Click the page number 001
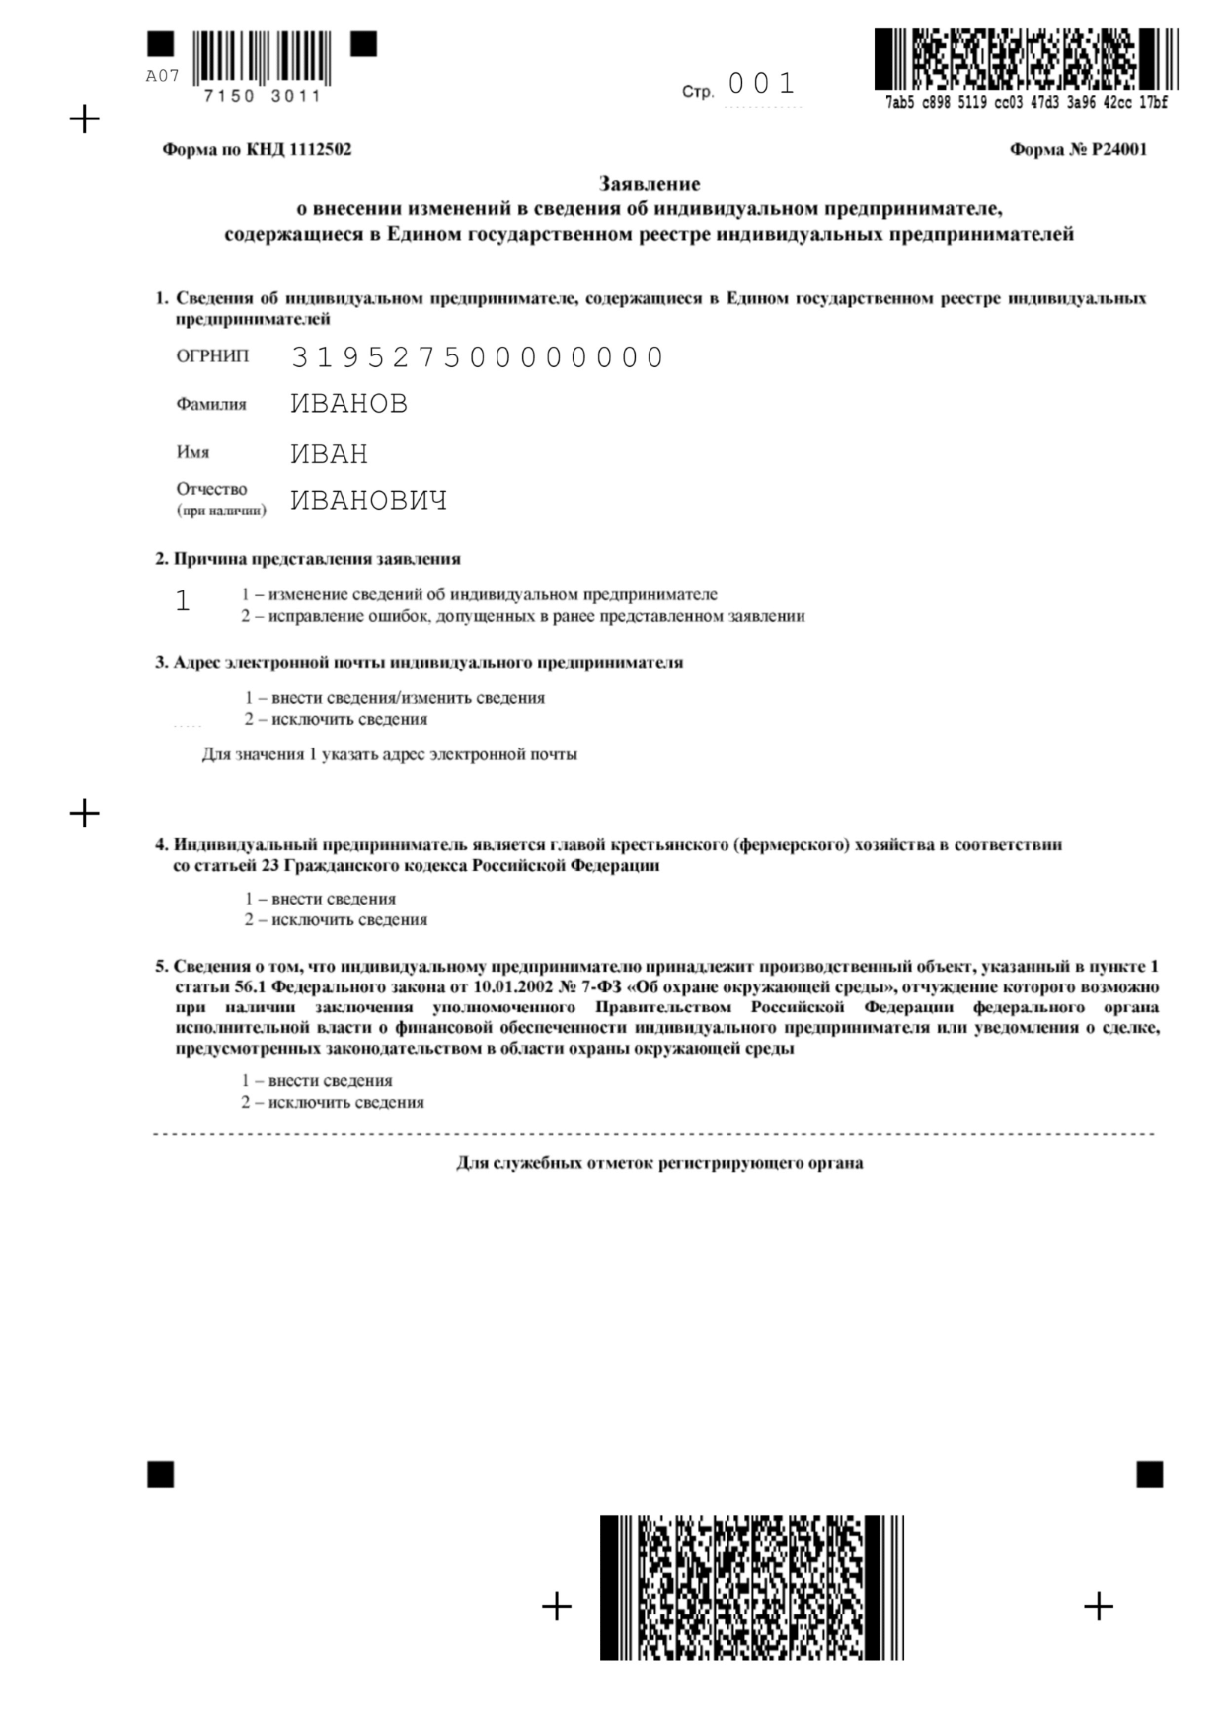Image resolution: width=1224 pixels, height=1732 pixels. pyautogui.click(x=761, y=84)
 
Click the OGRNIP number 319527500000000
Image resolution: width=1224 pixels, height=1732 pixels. pyautogui.click(x=478, y=357)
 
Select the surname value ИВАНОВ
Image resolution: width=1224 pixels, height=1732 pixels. pyautogui.click(x=349, y=404)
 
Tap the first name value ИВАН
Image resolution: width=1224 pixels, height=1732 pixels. pyautogui.click(x=330, y=454)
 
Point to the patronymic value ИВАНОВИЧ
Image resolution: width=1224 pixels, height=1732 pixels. pyautogui.click(x=369, y=501)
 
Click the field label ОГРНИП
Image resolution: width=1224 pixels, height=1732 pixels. pyautogui.click(x=212, y=356)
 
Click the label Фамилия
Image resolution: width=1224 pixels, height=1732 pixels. pyautogui.click(x=211, y=404)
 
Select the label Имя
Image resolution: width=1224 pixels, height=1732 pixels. pyautogui.click(x=192, y=452)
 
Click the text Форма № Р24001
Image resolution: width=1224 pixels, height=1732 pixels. pyautogui.click(x=1078, y=150)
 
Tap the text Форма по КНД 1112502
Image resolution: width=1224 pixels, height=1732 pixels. pyautogui.click(x=257, y=150)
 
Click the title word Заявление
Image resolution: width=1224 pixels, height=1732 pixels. pyautogui.click(x=650, y=184)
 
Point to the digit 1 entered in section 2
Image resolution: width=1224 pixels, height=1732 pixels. pyautogui.click(x=183, y=601)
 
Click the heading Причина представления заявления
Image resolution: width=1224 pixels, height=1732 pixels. pyautogui.click(x=316, y=559)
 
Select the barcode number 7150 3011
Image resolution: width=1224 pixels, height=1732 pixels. pyautogui.click(x=262, y=96)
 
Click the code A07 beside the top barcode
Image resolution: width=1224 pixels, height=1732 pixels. pyautogui.click(x=162, y=76)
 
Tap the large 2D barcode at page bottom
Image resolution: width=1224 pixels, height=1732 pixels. pyautogui.click(x=751, y=1587)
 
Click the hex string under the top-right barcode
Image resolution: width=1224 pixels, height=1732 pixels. pyautogui.click(x=1026, y=102)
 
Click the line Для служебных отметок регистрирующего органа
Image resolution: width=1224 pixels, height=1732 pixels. pyautogui.click(x=659, y=1163)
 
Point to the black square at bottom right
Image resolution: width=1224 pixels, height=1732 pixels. pyautogui.click(x=1150, y=1474)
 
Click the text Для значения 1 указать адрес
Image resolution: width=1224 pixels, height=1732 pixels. pyautogui.click(x=390, y=754)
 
